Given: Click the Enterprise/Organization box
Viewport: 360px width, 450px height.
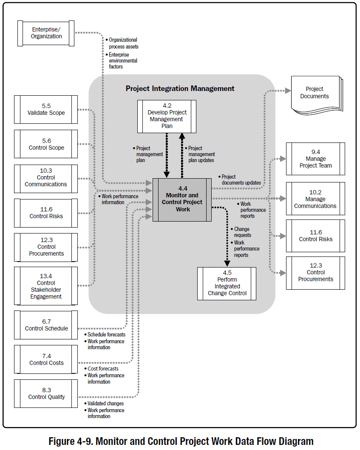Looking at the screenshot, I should coord(46,33).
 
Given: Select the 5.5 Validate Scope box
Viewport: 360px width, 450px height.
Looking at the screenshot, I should coord(46,110).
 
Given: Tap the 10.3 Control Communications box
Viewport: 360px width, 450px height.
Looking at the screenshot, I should coord(46,178).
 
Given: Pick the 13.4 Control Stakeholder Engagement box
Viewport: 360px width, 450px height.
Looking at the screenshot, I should coord(46,286).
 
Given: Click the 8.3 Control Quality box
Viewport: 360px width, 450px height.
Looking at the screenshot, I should coord(46,394).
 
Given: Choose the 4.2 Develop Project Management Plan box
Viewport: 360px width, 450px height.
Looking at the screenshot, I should coord(167,116).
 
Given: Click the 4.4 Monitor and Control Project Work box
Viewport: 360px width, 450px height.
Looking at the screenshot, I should coord(182,199).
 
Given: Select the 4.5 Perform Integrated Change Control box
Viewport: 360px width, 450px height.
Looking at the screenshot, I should coord(227,284).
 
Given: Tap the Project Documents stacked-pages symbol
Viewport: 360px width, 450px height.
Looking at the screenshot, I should coord(315,94).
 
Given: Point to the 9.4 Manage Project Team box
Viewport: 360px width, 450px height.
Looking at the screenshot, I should coord(315,159).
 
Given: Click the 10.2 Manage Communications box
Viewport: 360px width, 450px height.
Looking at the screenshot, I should coord(315,199).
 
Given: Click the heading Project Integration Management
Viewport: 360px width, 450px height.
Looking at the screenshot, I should coord(180,88).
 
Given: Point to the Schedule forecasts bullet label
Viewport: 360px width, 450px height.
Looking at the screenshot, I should coord(106,335).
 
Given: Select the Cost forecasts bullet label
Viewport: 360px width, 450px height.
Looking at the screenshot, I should coord(103,369).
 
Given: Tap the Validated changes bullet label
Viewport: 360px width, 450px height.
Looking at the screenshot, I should coord(105,403).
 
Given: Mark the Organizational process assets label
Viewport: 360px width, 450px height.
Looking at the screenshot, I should coord(123,43).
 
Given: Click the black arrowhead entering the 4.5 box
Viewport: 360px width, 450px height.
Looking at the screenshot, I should coord(227,263).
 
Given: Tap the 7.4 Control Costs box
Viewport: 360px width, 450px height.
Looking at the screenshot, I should coord(46,359).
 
